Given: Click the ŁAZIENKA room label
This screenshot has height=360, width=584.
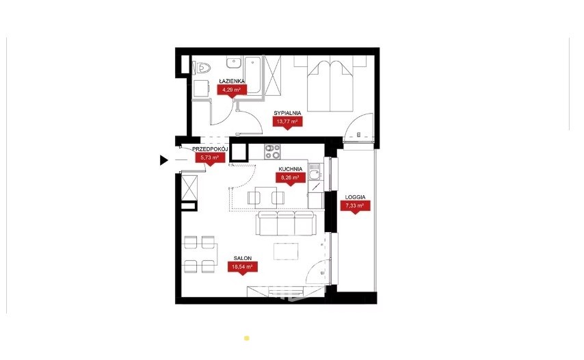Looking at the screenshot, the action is (232, 81).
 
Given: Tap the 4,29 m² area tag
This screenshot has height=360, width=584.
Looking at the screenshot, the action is (232, 90).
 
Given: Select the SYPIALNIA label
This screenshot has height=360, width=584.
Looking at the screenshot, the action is (287, 113).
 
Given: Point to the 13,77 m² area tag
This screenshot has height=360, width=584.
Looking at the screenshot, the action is (287, 122).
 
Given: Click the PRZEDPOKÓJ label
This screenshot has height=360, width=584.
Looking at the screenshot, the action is (210, 149).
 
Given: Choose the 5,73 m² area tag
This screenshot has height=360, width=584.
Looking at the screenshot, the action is (210, 158).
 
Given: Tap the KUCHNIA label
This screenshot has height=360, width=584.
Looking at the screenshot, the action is (291, 169).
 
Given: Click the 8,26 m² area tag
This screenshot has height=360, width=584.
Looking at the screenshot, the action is (291, 178).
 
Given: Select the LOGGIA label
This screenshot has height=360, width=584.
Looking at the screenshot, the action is (356, 197).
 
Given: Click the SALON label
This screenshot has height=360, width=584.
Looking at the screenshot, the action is (243, 258).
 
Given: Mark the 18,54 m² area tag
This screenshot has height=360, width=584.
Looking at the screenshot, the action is (243, 267).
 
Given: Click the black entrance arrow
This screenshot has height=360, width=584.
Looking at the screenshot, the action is (164, 160).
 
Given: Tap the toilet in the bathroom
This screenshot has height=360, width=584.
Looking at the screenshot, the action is (202, 68).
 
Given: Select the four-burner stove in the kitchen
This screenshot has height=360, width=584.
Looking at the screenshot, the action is (272, 151).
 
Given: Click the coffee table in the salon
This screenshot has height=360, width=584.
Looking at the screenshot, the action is (286, 251).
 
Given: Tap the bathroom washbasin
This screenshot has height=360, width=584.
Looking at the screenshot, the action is (234, 63).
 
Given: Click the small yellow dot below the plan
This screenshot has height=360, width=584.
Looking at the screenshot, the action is (247, 338).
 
